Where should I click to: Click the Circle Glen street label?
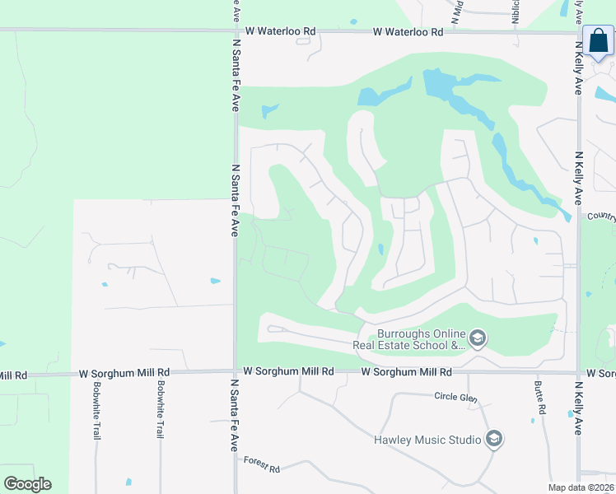(455, 396)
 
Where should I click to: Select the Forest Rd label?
(262, 464)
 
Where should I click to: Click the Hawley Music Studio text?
(427, 440)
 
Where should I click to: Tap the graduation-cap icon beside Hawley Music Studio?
(493, 440)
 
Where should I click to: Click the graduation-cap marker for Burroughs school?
(477, 338)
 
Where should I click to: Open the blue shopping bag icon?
(598, 42)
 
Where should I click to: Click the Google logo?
(27, 483)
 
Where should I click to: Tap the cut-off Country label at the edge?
(602, 217)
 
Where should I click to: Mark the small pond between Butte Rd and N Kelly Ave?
(570, 413)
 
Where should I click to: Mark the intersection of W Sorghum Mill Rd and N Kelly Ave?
(579, 372)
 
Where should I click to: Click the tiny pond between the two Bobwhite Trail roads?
(128, 482)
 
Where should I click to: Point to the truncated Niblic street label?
(515, 12)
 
